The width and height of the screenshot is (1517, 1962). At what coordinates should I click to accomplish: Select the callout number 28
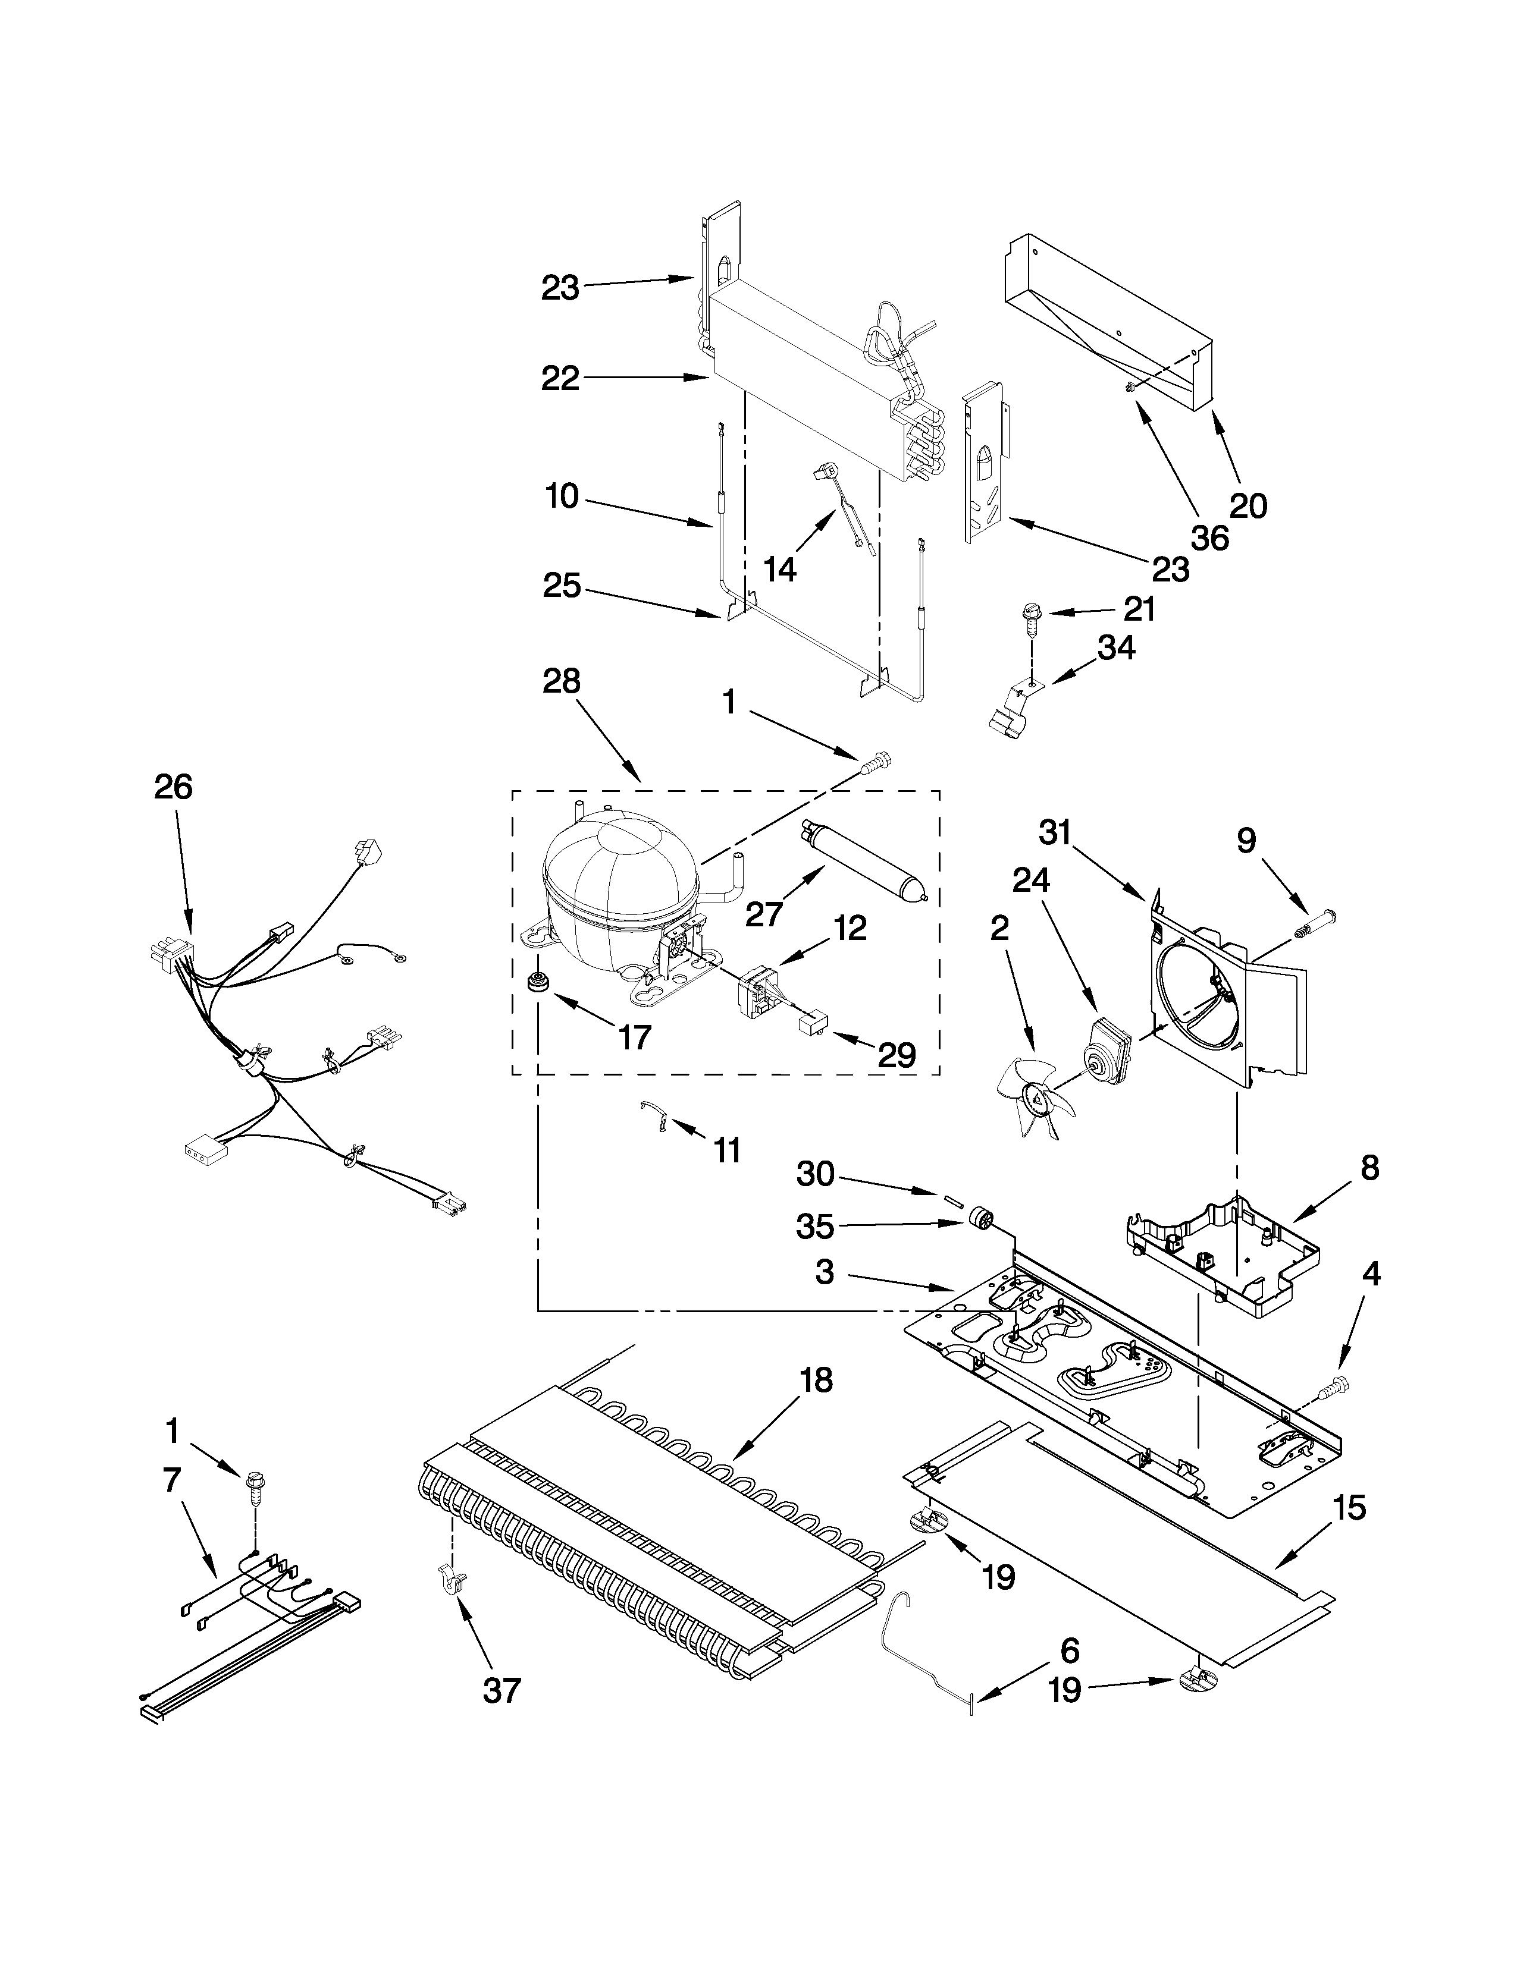point(561,682)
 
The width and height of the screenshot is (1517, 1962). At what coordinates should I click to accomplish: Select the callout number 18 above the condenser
point(815,1379)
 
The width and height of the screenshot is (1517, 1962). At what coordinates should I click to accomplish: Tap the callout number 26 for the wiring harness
point(173,787)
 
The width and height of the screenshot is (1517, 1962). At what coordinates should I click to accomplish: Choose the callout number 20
point(1248,507)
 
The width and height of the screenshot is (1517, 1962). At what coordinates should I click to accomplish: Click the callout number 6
point(1068,1650)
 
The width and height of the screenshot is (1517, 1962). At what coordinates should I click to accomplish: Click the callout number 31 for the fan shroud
point(1055,834)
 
